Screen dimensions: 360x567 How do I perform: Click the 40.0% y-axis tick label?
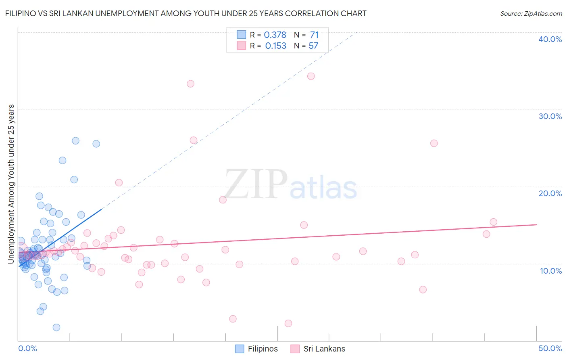pos(550,39)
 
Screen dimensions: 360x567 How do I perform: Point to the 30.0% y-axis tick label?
pos(550,116)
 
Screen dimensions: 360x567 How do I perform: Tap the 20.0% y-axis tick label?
pos(550,193)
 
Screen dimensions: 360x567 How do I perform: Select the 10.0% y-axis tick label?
pos(550,271)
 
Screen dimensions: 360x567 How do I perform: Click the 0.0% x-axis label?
pos(27,348)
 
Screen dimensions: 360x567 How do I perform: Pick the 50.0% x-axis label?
pos(550,348)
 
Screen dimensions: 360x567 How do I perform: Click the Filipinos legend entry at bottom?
pos(256,349)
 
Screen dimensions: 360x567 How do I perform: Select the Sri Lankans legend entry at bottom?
pos(318,349)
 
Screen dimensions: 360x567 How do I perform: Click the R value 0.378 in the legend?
pos(275,35)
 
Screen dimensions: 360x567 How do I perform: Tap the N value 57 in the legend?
pos(313,46)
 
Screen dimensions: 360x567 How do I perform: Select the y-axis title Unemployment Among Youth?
pos(11,184)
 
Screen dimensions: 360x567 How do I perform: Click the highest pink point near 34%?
pos(311,76)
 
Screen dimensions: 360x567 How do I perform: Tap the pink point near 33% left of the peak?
pos(190,84)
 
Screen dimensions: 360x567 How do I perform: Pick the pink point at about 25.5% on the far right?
pos(434,143)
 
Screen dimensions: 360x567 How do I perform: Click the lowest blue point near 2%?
pos(56,327)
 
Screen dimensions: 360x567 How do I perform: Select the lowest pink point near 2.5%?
pos(288,323)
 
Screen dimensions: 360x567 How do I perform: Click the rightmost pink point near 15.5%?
pos(493,222)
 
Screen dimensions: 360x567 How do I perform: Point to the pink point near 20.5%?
pos(119,182)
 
